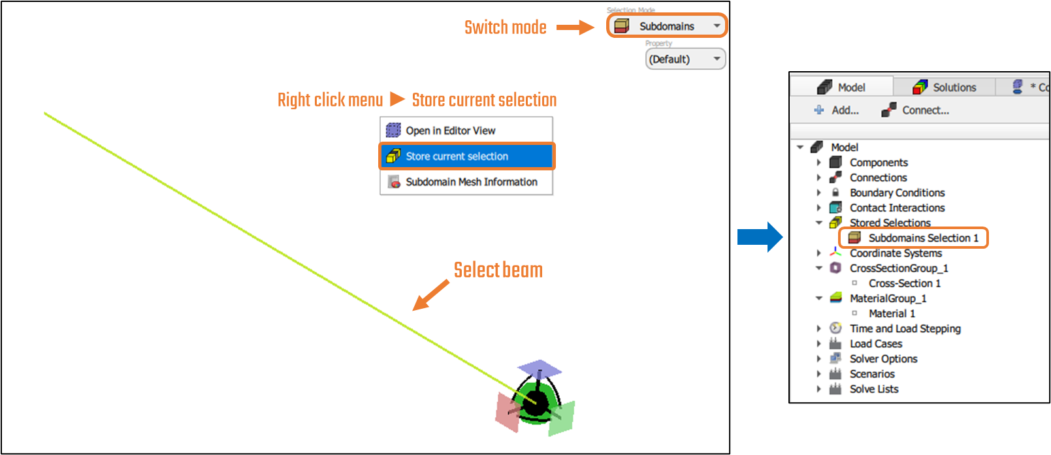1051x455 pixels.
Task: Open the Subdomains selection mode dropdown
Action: [x=666, y=26]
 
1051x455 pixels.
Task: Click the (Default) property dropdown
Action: [x=685, y=59]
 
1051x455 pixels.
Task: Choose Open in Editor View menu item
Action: [x=450, y=131]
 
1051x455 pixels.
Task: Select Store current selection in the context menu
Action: [x=457, y=157]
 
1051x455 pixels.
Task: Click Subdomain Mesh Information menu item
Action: [x=471, y=182]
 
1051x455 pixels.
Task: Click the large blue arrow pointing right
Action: [x=760, y=237]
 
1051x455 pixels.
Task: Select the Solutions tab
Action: [x=945, y=87]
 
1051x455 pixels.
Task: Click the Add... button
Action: [x=837, y=110]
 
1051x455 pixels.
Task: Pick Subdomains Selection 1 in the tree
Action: [x=923, y=238]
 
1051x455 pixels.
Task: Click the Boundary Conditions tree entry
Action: [x=897, y=193]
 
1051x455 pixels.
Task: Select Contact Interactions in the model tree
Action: [x=897, y=208]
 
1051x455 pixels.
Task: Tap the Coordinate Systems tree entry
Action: [x=896, y=253]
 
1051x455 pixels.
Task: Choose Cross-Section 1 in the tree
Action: [x=904, y=283]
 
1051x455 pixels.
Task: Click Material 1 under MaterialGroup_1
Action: [x=892, y=313]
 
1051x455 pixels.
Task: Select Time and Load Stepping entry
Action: [x=905, y=328]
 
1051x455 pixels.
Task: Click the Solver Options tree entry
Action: [x=883, y=359]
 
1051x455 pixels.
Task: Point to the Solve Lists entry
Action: [x=874, y=389]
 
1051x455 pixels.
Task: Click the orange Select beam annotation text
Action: [x=498, y=270]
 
